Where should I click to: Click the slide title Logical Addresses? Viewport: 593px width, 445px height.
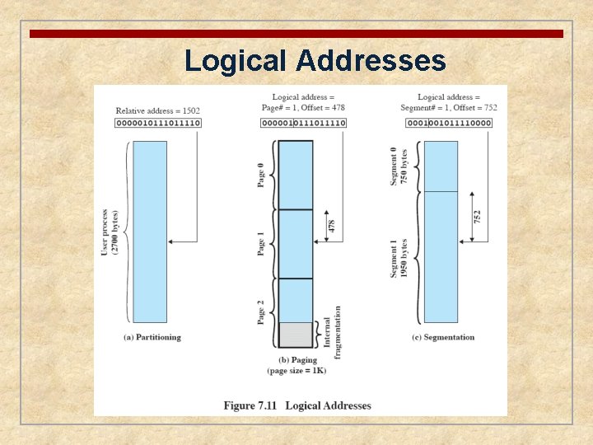point(315,60)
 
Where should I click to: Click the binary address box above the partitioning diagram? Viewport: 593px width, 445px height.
point(158,123)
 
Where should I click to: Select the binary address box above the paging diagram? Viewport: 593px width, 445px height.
point(303,123)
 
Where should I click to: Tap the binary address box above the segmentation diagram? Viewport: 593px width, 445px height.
point(448,123)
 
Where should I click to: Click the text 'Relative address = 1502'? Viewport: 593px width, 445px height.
point(157,110)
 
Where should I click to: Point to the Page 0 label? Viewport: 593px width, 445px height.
point(261,175)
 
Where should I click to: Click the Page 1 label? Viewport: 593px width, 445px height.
point(261,244)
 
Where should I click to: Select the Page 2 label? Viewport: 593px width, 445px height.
point(261,311)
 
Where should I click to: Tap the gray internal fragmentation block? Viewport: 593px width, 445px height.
point(296,334)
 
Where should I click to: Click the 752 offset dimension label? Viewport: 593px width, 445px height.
point(477,217)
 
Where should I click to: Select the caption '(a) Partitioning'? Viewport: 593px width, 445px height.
point(152,337)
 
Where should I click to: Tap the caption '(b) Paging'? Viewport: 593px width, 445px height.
point(296,359)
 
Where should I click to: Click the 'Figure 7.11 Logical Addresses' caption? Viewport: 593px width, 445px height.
point(297,405)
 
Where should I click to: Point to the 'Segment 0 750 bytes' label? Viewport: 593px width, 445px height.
point(398,165)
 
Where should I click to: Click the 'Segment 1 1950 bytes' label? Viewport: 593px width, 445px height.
point(399,258)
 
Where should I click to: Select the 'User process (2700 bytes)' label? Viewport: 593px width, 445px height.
point(110,232)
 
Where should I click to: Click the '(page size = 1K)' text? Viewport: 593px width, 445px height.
point(296,371)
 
